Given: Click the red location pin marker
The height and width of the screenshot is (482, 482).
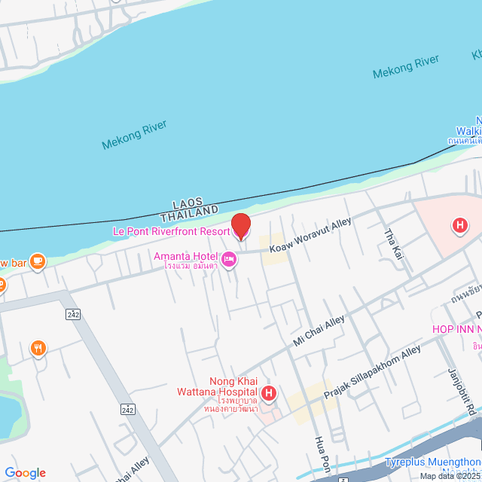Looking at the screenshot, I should coord(240,226).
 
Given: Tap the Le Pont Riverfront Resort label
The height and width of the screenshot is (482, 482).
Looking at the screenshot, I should coord(171,231).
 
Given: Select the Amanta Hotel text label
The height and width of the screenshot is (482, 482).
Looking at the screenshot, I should coord(185,257).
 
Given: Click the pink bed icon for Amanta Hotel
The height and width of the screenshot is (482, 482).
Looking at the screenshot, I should coord(229,261).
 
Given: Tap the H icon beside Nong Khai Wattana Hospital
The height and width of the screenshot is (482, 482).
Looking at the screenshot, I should coord(269,392).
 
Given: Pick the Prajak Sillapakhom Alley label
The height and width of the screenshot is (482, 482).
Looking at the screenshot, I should coord(372,374).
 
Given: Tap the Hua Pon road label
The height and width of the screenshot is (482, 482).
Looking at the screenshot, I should coord(322,452).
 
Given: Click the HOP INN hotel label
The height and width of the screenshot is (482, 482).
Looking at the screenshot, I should coord(456,330).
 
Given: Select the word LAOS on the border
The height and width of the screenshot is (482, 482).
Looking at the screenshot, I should coord(189,203).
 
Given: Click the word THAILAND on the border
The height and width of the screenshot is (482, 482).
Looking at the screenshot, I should coord(190,215).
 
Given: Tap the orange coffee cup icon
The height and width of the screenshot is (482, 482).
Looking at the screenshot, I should coord(38,261).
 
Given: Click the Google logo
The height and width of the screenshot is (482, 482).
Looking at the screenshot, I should coord(25,472).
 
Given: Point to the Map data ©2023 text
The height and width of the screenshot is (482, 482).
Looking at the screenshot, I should coord(450,476).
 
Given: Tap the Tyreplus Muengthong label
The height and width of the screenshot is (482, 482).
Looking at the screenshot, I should coord(432,461).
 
